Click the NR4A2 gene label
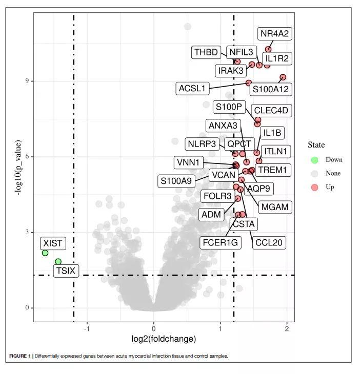pyautogui.click(x=274, y=34)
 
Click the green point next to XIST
pyautogui.click(x=45, y=253)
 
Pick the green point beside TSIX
pyautogui.click(x=58, y=262)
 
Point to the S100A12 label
pyautogui.click(x=270, y=89)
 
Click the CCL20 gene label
pyautogui.click(x=269, y=242)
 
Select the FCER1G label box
pyautogui.click(x=221, y=242)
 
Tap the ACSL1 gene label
pyautogui.click(x=192, y=88)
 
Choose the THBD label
pyautogui.click(x=206, y=52)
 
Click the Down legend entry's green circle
pyautogui.click(x=314, y=160)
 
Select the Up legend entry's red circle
pyautogui.click(x=314, y=187)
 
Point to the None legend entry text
pyautogui.click(x=333, y=173)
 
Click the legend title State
pyautogui.click(x=316, y=145)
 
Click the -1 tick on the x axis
pyautogui.click(x=87, y=328)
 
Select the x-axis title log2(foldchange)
pyautogui.click(x=164, y=339)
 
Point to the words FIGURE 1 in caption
pyautogui.click(x=20, y=356)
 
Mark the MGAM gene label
pyautogui.click(x=275, y=207)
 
